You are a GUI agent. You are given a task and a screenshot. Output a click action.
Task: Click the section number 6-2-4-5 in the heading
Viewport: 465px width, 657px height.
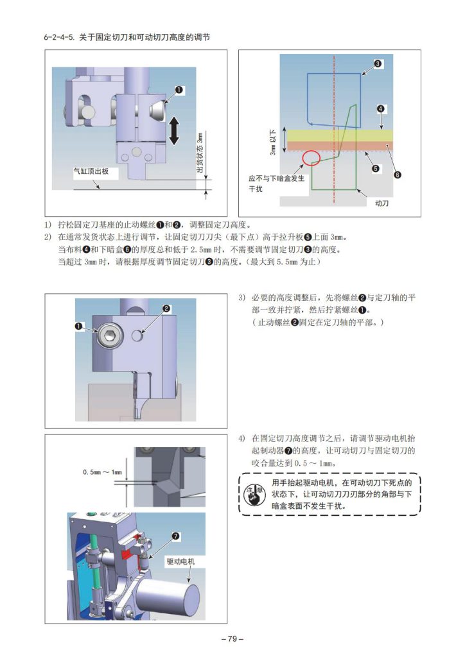coord(59,37)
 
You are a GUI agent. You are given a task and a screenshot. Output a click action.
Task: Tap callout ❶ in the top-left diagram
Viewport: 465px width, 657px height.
coord(179,90)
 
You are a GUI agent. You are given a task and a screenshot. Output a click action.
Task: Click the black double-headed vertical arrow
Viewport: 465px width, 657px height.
coord(174,130)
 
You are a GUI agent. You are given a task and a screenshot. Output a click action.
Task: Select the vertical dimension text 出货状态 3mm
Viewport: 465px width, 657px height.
coord(200,152)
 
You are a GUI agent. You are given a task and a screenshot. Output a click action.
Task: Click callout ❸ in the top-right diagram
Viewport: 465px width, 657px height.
coord(378,64)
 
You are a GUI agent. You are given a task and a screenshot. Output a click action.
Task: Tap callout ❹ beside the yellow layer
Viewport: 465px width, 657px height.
coord(380,109)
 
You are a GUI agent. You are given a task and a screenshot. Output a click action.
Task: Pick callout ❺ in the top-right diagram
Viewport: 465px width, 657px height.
coord(376,169)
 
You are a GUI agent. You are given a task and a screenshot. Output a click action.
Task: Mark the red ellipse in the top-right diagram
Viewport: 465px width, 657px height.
coord(311,158)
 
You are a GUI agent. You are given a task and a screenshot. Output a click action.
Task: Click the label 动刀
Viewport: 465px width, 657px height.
coord(382,203)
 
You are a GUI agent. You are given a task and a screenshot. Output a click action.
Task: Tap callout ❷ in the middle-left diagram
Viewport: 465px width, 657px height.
coord(166,309)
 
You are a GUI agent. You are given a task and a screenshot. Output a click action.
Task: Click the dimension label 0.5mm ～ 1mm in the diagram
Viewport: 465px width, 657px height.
coord(103,472)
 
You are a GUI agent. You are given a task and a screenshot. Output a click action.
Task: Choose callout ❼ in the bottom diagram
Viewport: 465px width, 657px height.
coord(175,535)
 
